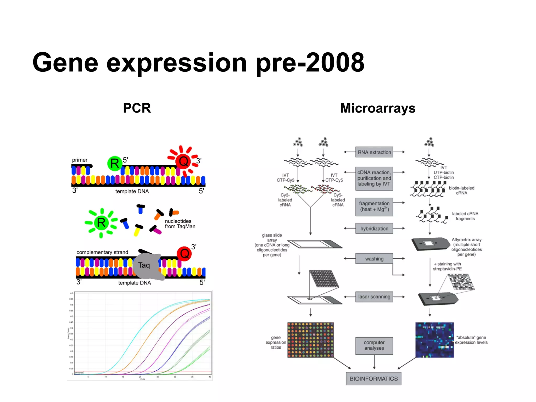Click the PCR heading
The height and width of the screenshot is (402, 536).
click(x=137, y=108)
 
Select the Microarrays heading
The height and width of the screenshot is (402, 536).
click(x=378, y=108)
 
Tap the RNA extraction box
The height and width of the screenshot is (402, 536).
click(x=374, y=152)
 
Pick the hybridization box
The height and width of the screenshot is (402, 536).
click(x=374, y=228)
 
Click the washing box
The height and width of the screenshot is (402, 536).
click(x=374, y=259)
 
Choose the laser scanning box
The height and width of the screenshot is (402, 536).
click(x=374, y=297)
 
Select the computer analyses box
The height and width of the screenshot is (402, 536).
click(x=374, y=345)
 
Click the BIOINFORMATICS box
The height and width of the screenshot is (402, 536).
click(x=373, y=379)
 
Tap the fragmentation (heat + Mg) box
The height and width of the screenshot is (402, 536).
click(x=374, y=206)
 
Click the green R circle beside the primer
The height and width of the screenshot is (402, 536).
click(x=115, y=164)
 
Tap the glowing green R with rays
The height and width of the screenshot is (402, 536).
click(x=101, y=223)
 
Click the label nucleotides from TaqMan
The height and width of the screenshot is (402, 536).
click(x=180, y=224)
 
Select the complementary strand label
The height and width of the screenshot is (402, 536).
click(x=102, y=252)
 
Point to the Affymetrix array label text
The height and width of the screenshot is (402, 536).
click(x=466, y=247)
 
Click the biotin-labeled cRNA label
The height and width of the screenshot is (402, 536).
click(x=461, y=190)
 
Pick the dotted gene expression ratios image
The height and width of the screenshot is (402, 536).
click(x=310, y=340)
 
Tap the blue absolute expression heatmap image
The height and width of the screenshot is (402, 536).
click(x=434, y=340)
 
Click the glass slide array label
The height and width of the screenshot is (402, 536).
click(x=272, y=245)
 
